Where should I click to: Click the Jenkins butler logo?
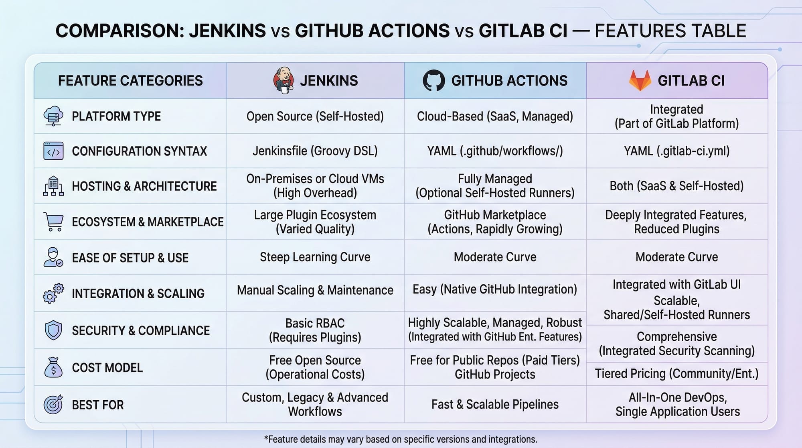point(284,80)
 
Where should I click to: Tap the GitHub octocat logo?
point(434,80)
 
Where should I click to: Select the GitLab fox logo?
point(640,80)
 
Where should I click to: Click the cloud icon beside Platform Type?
point(53,116)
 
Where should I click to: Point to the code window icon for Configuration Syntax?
point(53,151)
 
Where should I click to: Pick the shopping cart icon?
point(53,222)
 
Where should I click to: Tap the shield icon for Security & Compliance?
point(53,330)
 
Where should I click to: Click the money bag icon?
point(53,367)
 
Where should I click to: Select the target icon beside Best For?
point(53,404)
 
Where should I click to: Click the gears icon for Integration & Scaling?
point(53,293)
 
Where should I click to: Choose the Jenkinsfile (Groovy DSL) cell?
point(315,151)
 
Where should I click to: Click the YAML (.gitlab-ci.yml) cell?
point(677,151)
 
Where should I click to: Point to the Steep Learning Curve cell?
point(315,257)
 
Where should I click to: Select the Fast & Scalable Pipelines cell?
point(495,404)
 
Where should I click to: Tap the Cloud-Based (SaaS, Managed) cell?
point(495,116)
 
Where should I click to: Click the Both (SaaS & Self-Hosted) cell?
point(677,186)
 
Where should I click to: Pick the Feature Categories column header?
point(130,81)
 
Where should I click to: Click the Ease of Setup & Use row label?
point(130,258)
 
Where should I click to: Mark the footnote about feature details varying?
point(401,439)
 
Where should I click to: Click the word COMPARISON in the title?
point(120,31)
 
